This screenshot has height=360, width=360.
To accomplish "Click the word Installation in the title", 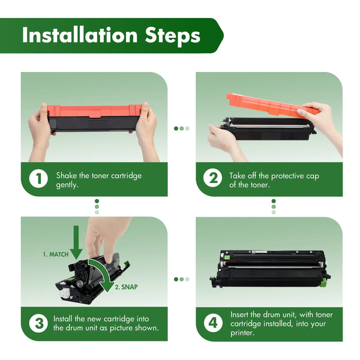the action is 80,35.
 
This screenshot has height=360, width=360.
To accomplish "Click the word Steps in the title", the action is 173,36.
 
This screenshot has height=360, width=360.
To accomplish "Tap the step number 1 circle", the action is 38,179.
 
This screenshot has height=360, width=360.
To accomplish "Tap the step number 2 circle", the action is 212,178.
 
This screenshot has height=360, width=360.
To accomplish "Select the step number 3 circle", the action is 38,323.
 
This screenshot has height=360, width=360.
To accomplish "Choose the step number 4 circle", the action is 213,323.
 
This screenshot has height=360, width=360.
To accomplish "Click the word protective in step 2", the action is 287,176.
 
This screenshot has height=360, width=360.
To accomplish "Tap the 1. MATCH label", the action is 56,254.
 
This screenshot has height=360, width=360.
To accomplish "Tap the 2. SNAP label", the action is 126,287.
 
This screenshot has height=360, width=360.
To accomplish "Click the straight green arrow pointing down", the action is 76,242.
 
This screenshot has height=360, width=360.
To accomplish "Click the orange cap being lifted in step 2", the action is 271,104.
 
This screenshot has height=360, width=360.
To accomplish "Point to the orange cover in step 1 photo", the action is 95,111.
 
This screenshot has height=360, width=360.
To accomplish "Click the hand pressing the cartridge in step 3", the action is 106,239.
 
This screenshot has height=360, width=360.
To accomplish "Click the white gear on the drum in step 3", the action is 65,293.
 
